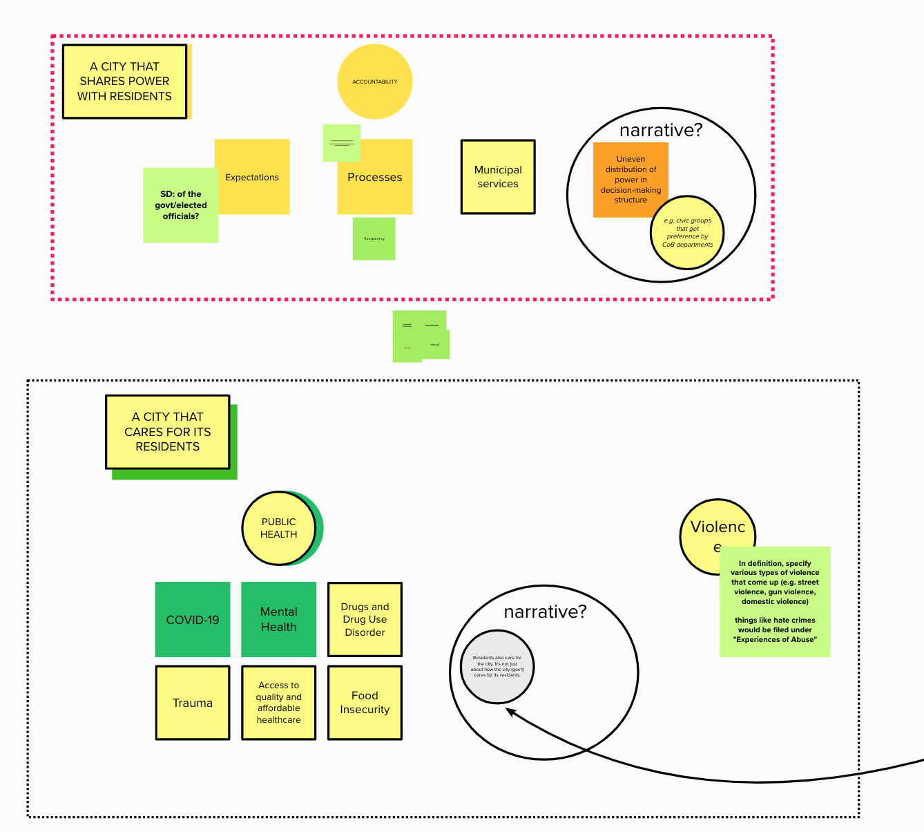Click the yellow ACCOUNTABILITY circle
point(375,82)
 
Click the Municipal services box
point(498,177)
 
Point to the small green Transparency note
point(374,239)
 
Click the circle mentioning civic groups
point(688,233)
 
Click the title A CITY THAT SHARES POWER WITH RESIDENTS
point(124,82)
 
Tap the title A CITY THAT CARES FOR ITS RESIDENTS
point(167,432)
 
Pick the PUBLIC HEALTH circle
point(278,528)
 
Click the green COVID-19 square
point(193,620)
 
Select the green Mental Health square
point(278,620)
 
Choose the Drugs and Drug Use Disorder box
point(365,620)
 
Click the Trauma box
point(193,703)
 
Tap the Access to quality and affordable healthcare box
point(278,703)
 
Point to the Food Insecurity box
point(365,703)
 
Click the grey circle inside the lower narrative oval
point(497,667)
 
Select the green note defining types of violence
point(775,602)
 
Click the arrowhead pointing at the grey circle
point(510,711)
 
